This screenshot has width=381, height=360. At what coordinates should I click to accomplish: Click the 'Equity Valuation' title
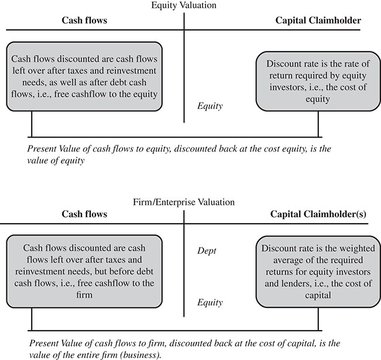tap(184, 5)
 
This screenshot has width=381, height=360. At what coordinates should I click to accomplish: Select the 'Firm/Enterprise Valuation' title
tap(184, 202)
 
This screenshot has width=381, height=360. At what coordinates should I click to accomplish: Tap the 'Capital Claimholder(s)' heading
tap(318, 214)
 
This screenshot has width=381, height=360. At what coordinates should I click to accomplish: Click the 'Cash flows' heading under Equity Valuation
tap(84, 20)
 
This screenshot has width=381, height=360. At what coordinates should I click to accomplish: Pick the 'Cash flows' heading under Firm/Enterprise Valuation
tap(84, 214)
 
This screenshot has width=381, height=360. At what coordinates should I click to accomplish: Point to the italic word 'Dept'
tap(207, 251)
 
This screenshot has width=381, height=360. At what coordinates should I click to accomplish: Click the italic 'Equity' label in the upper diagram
tap(210, 106)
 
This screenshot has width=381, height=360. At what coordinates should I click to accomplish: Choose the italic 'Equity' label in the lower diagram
tap(210, 303)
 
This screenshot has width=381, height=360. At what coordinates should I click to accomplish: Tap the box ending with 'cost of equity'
tap(318, 81)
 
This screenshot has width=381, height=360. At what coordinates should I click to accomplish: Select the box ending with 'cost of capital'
tap(318, 272)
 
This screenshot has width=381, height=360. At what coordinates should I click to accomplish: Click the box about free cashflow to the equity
tap(84, 77)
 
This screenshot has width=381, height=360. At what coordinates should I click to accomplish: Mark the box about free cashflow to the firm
tap(84, 271)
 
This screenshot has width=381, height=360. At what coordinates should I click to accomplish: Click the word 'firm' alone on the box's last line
tap(84, 295)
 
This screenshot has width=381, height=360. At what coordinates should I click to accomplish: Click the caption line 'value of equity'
tap(56, 160)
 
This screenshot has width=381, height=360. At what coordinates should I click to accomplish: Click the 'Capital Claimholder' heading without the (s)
tap(318, 20)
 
